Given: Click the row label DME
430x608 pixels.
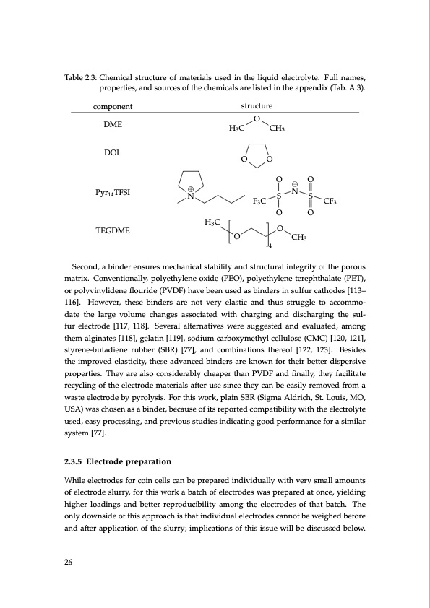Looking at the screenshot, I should (x=113, y=125).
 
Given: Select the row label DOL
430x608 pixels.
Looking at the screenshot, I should (x=113, y=153).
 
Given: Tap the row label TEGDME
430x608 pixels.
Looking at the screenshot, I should (x=113, y=231).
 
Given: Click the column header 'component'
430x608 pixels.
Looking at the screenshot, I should (x=113, y=106).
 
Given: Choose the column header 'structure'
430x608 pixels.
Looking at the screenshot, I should (x=256, y=106).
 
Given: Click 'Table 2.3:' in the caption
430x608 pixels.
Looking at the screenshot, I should (x=77, y=77).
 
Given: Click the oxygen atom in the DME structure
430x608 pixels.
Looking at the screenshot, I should (x=256, y=118).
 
